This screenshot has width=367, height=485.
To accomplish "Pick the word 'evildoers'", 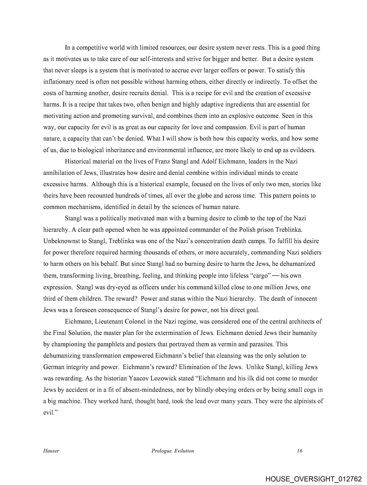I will coord(302,150).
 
